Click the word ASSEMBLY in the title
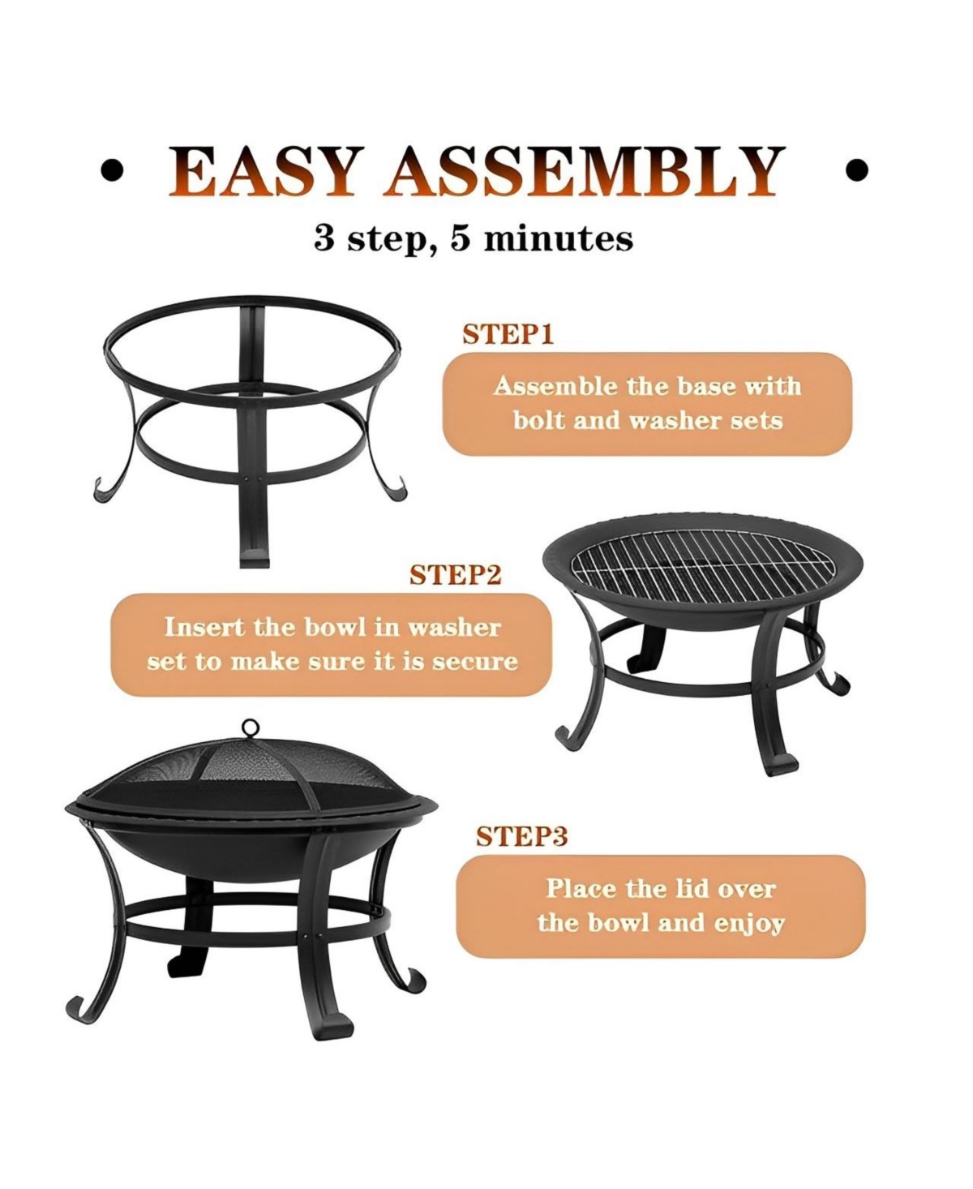(x=584, y=171)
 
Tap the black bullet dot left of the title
(x=112, y=171)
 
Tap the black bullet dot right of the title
(x=856, y=171)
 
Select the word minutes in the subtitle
(x=558, y=238)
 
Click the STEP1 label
(x=508, y=335)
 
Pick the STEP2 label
(x=455, y=575)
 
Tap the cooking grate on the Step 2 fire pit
(x=702, y=564)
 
